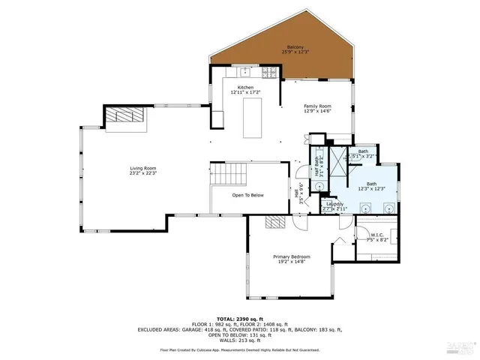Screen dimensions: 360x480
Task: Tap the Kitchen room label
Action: click(x=246, y=88)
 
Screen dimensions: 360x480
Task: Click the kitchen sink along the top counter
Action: click(x=245, y=72)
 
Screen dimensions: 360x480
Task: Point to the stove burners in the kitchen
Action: click(x=269, y=72)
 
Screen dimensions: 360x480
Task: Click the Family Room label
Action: click(x=317, y=107)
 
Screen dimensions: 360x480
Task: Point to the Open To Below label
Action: click(x=247, y=195)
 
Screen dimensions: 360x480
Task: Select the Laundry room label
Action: click(x=334, y=203)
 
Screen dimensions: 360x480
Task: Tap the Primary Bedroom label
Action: click(x=291, y=256)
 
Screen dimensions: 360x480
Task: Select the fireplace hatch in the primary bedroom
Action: click(x=276, y=222)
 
